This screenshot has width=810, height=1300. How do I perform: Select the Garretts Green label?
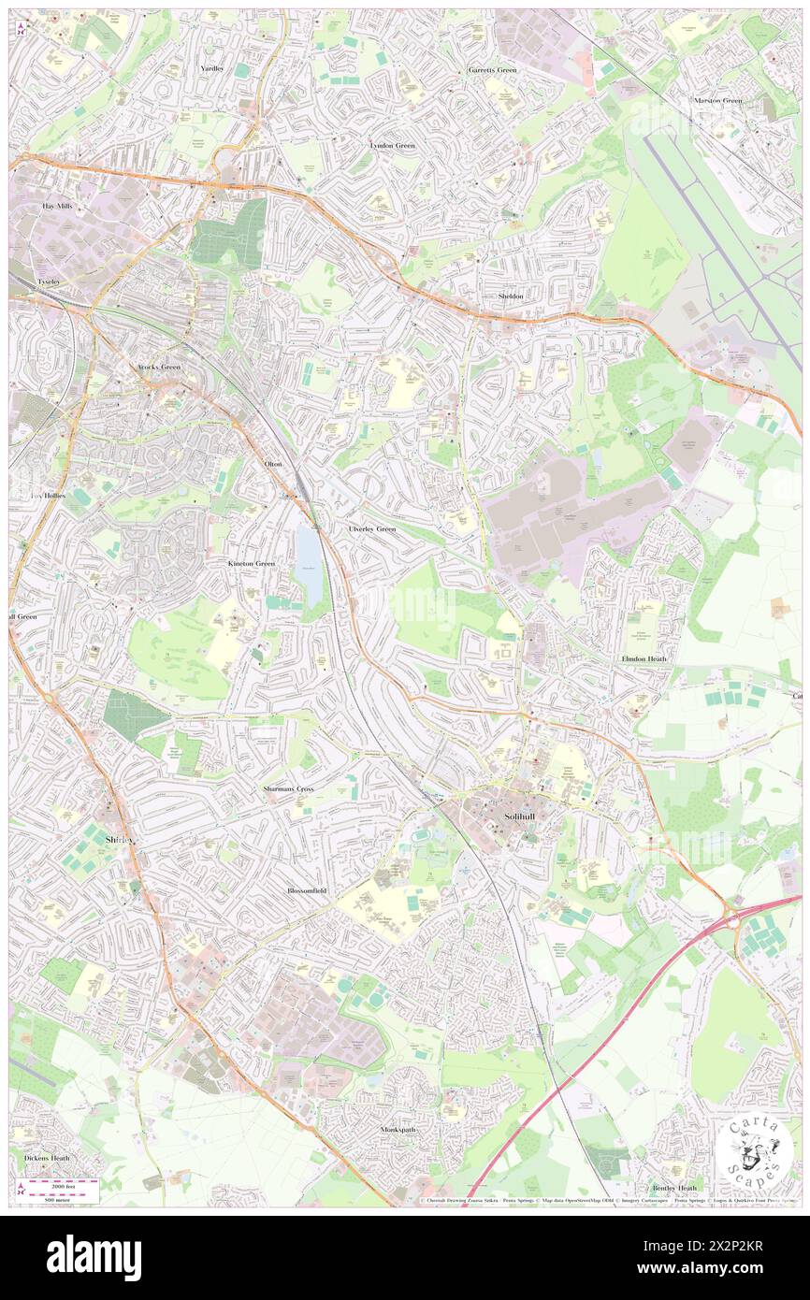[x=492, y=70]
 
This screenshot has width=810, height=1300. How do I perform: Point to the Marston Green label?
[x=717, y=100]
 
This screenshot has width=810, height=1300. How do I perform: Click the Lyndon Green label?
[x=392, y=146]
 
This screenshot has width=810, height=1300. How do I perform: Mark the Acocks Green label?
[x=158, y=367]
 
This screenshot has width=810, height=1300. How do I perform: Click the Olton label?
[x=273, y=464]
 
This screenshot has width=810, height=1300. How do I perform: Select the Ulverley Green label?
[x=372, y=528]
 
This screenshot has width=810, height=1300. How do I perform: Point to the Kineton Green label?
[x=252, y=564]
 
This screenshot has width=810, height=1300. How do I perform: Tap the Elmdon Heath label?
[x=644, y=658]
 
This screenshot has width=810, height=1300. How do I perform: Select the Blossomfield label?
[x=307, y=891]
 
